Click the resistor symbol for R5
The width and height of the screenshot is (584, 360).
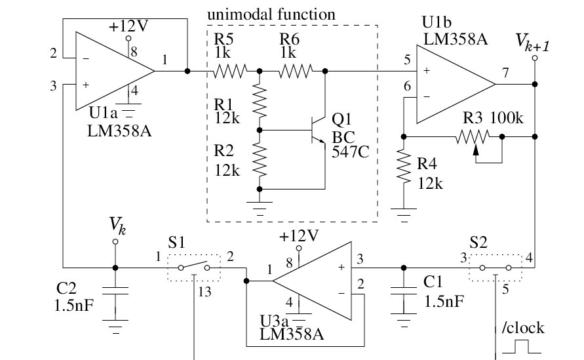(x=229, y=70)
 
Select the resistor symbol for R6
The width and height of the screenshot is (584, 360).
(x=296, y=70)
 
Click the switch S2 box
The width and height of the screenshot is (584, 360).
(x=496, y=268)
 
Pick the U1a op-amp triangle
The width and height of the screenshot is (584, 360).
(x=112, y=70)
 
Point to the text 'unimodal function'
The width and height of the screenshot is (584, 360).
(x=271, y=14)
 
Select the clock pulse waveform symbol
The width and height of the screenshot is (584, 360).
(x=520, y=346)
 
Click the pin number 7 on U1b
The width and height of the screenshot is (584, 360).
(x=505, y=73)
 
